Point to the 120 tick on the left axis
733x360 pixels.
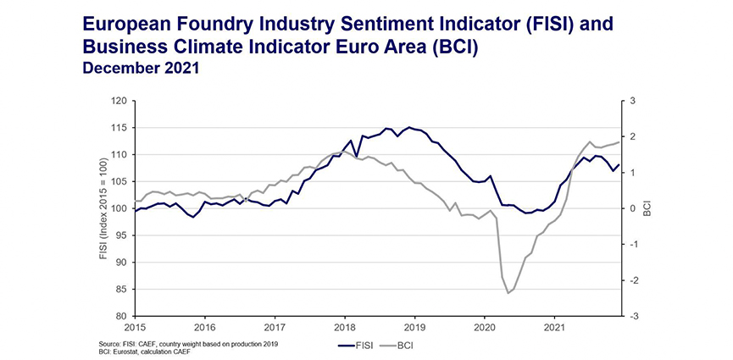(118, 101)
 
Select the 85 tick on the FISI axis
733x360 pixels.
(120, 290)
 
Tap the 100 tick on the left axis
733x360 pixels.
(118, 208)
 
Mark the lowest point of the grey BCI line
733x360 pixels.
(508, 293)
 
